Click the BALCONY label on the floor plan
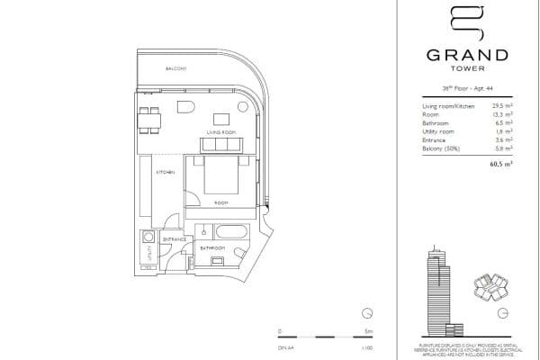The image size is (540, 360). [x=175, y=69]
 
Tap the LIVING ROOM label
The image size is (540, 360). [x=220, y=132]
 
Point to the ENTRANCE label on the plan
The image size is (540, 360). [x=175, y=239]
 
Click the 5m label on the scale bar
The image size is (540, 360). [x=355, y=331]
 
